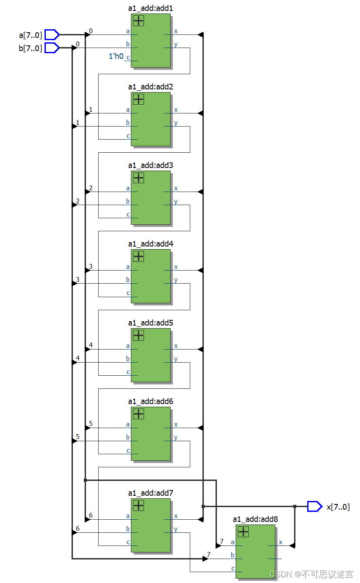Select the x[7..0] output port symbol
tap(314, 506)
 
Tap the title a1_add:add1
tap(151, 8)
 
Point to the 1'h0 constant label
tap(116, 56)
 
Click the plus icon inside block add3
tap(138, 178)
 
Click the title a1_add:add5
tap(151, 323)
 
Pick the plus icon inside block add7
tap(138, 505)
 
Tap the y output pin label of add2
tap(176, 123)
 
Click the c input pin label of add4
tap(128, 293)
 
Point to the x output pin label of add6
tap(176, 424)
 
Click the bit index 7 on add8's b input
tap(208, 554)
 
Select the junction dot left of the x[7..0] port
tap(295, 506)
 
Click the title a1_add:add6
tap(151, 401)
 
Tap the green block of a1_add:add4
tap(151, 279)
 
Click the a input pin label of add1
tap(128, 31)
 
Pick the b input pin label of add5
tap(128, 359)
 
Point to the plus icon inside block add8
tap(243, 532)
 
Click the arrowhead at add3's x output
tap(200, 192)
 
